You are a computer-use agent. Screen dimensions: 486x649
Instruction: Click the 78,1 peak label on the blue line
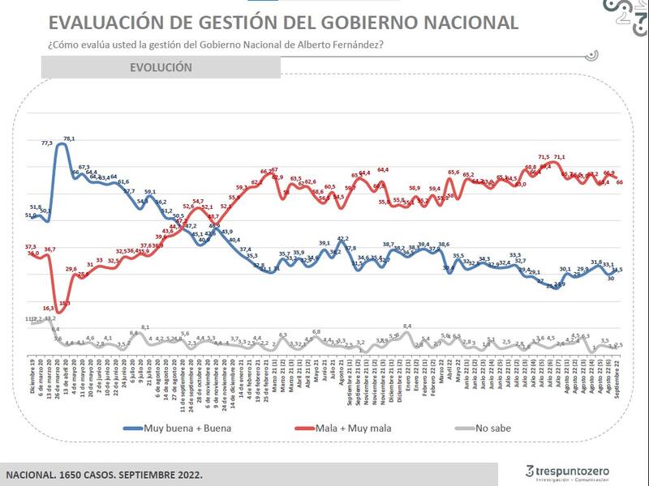coord(69,139)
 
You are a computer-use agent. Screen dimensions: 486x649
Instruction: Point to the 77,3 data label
coord(46,143)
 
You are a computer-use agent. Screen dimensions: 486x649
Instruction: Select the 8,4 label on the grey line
coord(407,326)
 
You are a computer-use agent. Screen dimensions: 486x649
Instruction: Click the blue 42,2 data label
coord(343,239)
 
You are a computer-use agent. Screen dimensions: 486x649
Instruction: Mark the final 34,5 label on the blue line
coord(617,269)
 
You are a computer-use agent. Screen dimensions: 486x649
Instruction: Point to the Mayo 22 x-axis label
coord(458,376)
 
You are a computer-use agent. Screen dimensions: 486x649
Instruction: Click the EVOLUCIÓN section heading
coord(161,67)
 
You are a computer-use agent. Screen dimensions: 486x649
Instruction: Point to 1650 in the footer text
coord(80,474)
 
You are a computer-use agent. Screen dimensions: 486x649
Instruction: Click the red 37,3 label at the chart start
coord(31,246)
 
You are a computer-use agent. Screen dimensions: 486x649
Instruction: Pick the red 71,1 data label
coord(560,157)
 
